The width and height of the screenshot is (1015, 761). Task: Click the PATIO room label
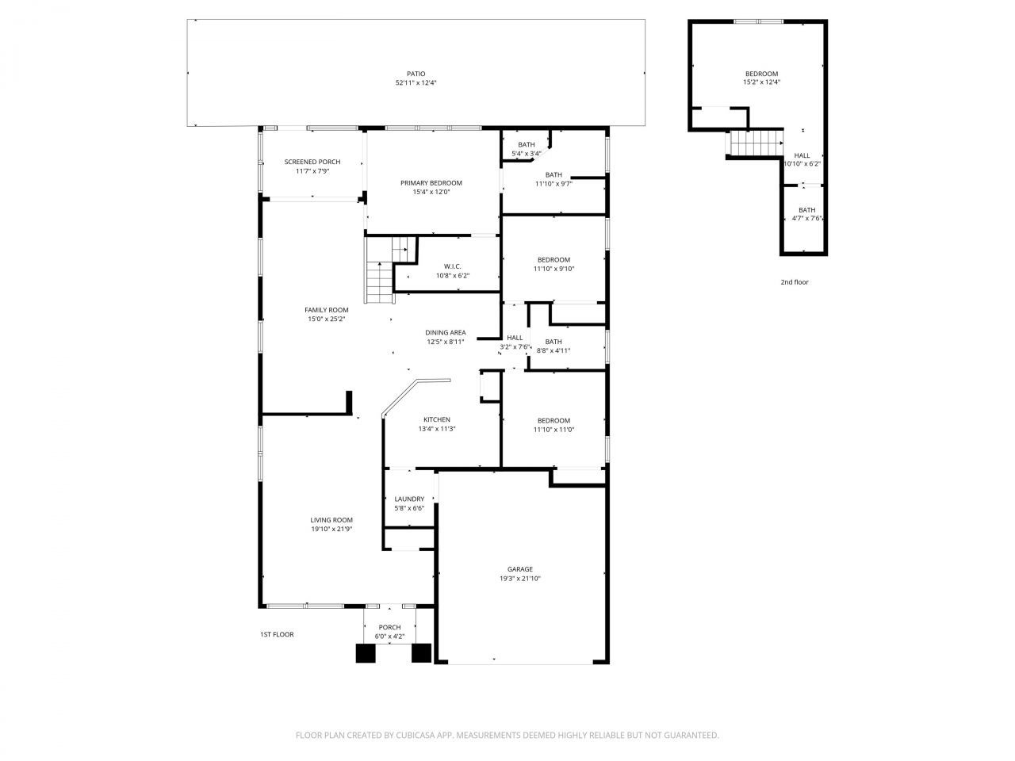click(416, 74)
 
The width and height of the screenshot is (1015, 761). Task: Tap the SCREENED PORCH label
click(312, 162)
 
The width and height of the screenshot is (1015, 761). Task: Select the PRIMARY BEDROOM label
click(431, 183)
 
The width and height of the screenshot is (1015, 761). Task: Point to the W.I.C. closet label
click(453, 266)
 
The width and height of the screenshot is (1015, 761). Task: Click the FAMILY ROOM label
click(327, 310)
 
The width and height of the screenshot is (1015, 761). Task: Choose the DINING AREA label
click(446, 333)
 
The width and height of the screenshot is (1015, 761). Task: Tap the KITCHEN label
click(437, 420)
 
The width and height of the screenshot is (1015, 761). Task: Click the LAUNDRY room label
click(409, 499)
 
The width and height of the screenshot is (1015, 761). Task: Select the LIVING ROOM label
click(331, 520)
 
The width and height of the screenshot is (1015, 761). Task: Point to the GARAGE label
click(520, 569)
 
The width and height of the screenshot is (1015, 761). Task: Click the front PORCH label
click(389, 627)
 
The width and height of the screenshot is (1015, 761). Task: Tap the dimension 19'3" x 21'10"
click(520, 579)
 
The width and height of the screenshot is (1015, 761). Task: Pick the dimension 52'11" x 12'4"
click(416, 83)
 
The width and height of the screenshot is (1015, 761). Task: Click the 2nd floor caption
click(795, 282)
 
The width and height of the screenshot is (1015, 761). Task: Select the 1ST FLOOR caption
click(277, 634)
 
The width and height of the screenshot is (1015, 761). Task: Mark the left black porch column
click(365, 653)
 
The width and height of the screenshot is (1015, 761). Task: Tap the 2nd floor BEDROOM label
click(760, 74)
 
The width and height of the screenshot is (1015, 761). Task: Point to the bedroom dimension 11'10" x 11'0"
click(553, 430)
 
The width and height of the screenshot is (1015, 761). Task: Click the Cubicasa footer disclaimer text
click(507, 735)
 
